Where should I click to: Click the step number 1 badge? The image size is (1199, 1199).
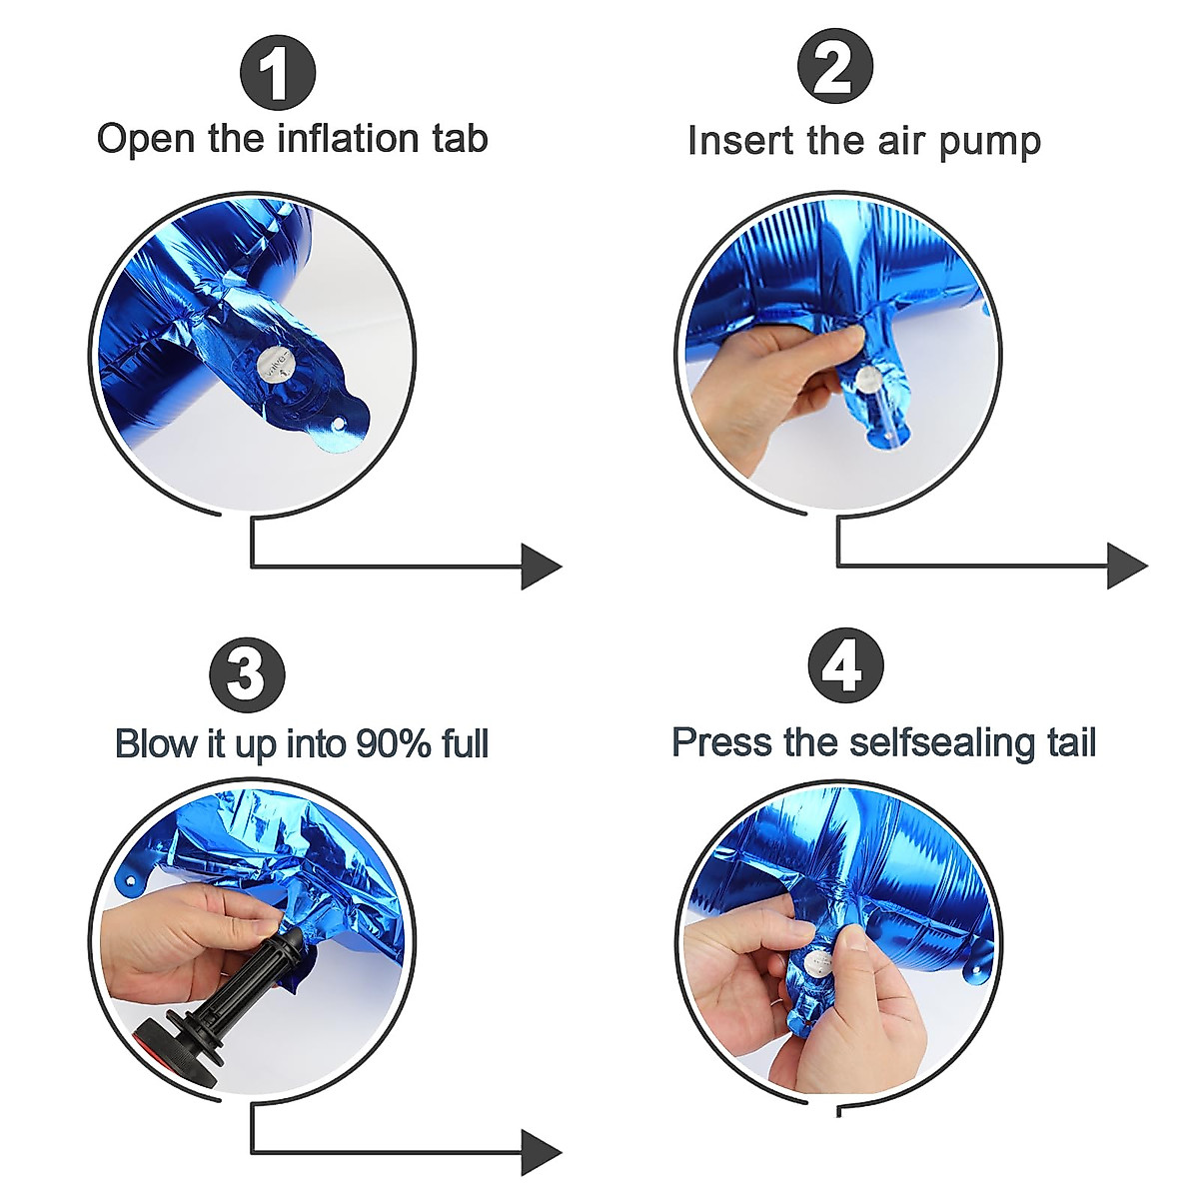click(x=278, y=72)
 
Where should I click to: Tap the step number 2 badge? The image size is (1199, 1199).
click(x=835, y=66)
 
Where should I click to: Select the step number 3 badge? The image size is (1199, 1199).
click(x=248, y=676)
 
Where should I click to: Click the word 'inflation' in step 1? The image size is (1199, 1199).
click(x=347, y=138)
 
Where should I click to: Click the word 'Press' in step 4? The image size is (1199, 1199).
click(x=721, y=742)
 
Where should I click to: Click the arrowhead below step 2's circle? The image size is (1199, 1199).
click(x=1127, y=566)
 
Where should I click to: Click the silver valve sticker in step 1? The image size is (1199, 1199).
click(x=275, y=366)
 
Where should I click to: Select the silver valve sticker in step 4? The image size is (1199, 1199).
click(x=817, y=966)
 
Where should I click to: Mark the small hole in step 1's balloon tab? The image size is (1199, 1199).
click(x=338, y=425)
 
